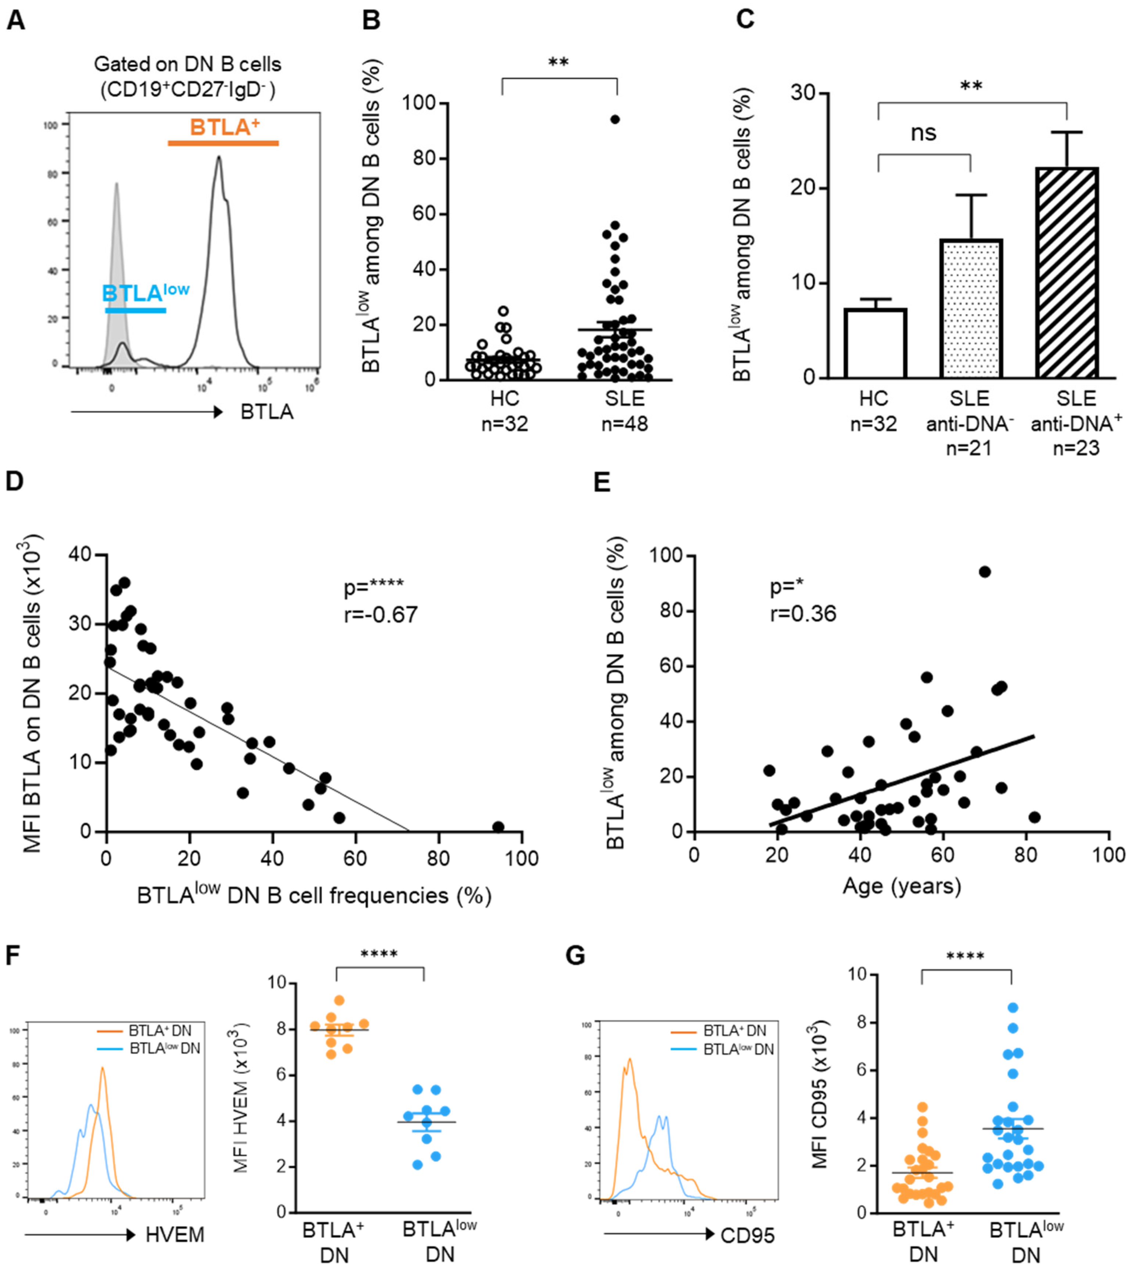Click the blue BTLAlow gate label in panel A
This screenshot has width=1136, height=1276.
click(145, 293)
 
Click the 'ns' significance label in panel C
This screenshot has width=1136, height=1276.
click(923, 133)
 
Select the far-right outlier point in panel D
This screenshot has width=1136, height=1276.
click(498, 827)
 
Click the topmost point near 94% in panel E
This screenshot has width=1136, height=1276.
click(985, 572)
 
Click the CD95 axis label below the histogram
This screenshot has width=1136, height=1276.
click(747, 1236)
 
